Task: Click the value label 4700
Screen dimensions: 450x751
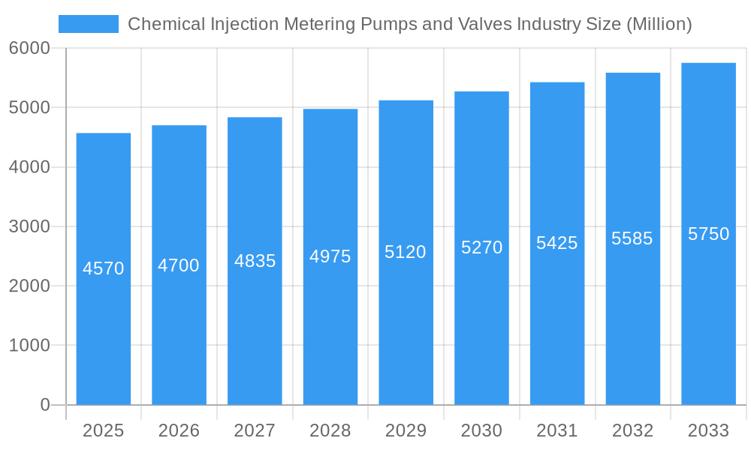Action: (179, 265)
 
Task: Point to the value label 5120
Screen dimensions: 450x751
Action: (406, 252)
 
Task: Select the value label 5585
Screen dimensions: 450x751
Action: (632, 238)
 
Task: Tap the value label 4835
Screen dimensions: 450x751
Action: (255, 261)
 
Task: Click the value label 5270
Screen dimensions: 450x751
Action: (481, 247)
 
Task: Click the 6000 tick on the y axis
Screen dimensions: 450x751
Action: (29, 48)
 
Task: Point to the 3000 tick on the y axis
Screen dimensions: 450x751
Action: (29, 226)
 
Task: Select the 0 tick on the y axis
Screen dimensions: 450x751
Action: (44, 405)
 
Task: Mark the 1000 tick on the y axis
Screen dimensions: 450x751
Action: (29, 346)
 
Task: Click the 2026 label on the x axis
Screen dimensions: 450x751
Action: (179, 430)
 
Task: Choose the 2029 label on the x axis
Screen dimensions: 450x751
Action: (406, 430)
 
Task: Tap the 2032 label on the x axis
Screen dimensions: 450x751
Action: (632, 430)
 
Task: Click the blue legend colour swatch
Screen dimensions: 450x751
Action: (89, 24)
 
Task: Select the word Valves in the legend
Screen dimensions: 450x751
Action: (488, 24)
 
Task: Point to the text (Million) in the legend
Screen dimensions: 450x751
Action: (659, 24)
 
